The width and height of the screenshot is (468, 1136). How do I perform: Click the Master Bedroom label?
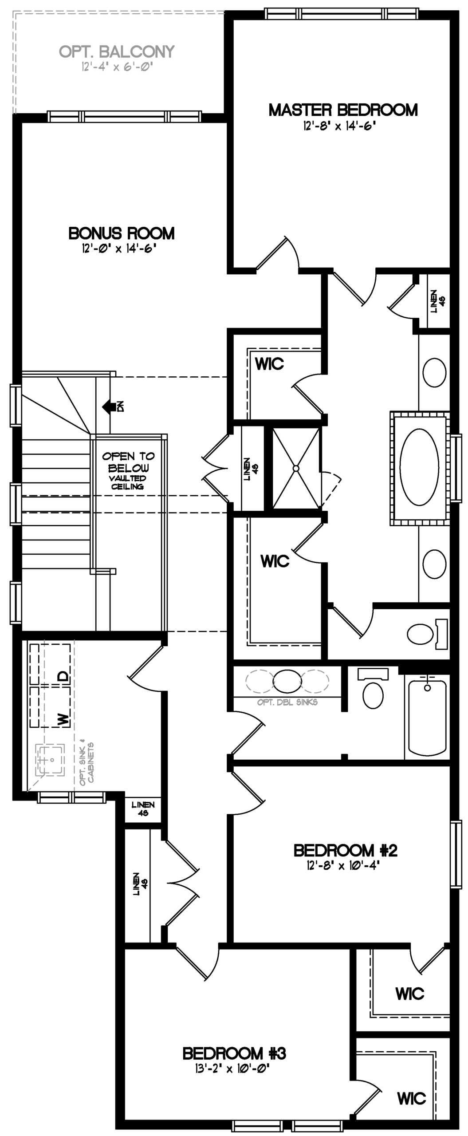pos(343,110)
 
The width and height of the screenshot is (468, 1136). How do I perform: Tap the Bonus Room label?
pos(122,233)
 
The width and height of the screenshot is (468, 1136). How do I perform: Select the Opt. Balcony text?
pos(117,51)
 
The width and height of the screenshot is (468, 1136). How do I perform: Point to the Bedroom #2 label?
pos(345,850)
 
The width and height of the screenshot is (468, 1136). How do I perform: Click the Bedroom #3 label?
pos(234,1053)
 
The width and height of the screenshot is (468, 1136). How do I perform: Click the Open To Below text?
pos(128,461)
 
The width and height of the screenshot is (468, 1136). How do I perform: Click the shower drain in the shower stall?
pos(296,468)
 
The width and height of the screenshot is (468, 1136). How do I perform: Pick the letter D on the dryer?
pos(64,676)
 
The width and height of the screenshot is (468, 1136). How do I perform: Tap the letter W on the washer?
pos(64,718)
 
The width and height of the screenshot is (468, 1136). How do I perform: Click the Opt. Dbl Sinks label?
pos(287,702)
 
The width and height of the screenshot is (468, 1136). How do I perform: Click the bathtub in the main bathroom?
pos(427,715)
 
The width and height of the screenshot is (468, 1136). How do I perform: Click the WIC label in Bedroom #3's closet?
pos(412,1098)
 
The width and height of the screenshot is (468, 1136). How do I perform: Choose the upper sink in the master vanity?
pos(434,372)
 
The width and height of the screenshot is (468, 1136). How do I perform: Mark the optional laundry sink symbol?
pos(50,759)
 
